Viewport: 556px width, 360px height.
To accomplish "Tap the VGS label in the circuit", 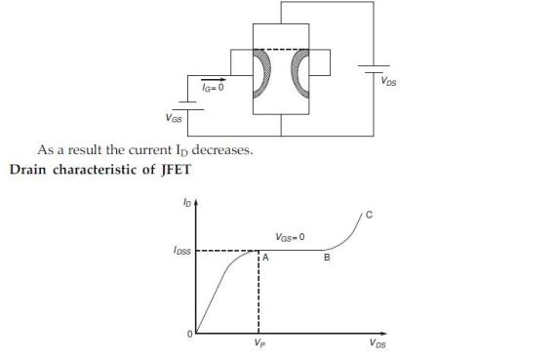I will pyautogui.click(x=170, y=119).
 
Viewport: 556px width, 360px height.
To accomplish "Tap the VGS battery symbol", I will pyautogui.click(x=194, y=104).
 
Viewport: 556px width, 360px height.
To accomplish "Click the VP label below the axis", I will pyautogui.click(x=258, y=343).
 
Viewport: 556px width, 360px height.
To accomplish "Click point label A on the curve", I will pyautogui.click(x=264, y=259).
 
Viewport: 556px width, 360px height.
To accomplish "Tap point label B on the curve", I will pyautogui.click(x=326, y=259).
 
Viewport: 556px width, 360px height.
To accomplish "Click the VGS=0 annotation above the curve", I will pyautogui.click(x=291, y=237).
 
